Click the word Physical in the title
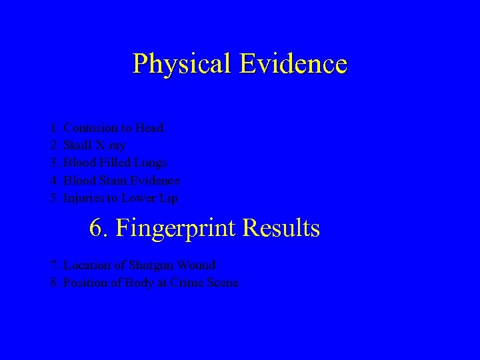point(181,64)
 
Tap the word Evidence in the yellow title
point(293,64)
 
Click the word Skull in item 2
point(77,145)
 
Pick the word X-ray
point(111,145)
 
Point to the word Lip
point(168,198)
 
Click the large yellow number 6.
point(98,229)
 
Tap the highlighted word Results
point(281,229)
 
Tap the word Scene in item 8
point(223,283)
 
